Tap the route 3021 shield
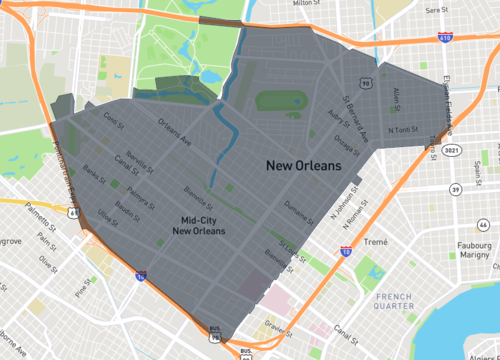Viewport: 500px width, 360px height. pyautogui.click(x=453, y=149)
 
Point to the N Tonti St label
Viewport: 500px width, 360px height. pyautogui.click(x=402, y=129)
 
